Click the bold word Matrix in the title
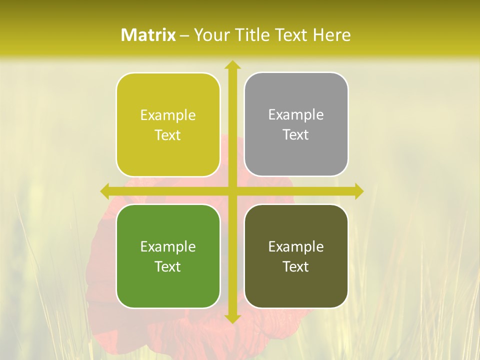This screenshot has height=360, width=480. tap(148, 35)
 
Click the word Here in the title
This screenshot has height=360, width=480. tap(331, 35)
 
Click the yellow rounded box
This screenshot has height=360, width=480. tap(168, 124)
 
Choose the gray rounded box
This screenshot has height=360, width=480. tap(296, 124)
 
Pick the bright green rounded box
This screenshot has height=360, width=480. tap(168, 256)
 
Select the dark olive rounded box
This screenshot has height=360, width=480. tap(296, 256)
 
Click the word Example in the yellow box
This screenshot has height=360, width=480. tap(168, 115)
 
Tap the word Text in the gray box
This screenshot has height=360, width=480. tap(296, 134)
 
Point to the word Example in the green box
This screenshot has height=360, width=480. tap(168, 247)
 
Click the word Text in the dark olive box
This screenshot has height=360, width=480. tap(296, 266)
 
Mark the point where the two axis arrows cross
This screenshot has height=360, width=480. tap(232, 191)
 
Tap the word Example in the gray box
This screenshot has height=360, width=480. tap(296, 115)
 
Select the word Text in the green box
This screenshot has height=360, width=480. tap(168, 266)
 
